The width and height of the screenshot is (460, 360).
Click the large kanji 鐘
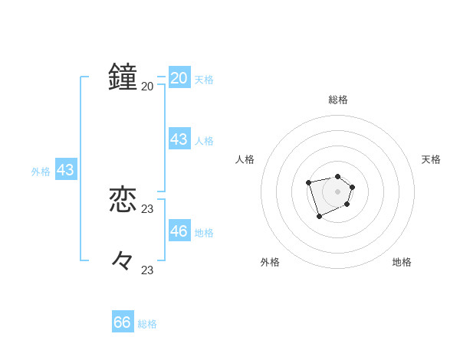click(x=123, y=77)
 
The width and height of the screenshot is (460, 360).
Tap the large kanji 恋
click(x=123, y=200)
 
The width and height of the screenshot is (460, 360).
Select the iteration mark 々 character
click(x=123, y=261)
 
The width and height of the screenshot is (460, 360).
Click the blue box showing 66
click(x=123, y=322)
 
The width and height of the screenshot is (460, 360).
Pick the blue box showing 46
click(x=179, y=231)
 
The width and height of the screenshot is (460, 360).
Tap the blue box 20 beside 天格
click(x=179, y=77)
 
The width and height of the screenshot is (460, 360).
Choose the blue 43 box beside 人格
click(x=179, y=139)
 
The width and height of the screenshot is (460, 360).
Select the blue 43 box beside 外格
click(x=65, y=170)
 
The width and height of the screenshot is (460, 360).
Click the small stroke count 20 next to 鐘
click(x=147, y=86)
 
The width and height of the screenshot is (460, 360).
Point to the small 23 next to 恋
click(x=147, y=208)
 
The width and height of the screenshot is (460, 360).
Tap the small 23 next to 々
click(x=147, y=270)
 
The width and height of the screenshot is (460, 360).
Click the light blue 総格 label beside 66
click(x=147, y=324)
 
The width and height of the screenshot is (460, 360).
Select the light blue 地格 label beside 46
click(x=204, y=232)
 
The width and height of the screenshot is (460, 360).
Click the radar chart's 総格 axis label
click(x=337, y=100)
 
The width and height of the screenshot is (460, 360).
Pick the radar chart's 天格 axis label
click(x=431, y=159)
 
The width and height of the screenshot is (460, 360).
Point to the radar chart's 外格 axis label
click(x=270, y=262)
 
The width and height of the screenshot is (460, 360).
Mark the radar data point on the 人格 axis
click(x=308, y=182)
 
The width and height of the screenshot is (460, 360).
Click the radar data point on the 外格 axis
click(x=320, y=217)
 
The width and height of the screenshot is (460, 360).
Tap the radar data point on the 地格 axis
click(x=347, y=205)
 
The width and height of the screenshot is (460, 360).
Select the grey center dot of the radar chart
click(x=337, y=191)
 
